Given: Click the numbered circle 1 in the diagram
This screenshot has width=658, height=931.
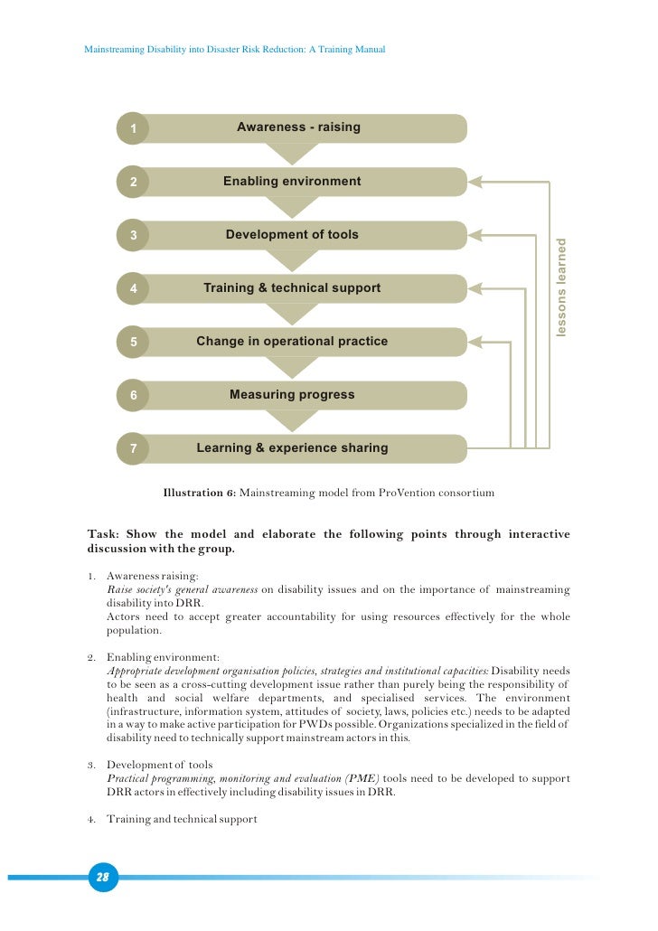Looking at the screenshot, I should click(133, 129).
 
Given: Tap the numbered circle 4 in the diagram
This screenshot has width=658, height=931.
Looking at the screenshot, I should click(133, 289).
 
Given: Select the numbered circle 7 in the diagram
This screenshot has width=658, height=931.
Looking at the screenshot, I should click(133, 448).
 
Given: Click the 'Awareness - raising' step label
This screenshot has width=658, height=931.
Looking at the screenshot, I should click(298, 127).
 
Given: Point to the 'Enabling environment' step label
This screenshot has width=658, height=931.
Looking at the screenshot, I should click(292, 182).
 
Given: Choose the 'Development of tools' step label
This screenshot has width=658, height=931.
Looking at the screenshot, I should click(292, 235).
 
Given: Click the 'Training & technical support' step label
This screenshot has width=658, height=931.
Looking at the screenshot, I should click(292, 288).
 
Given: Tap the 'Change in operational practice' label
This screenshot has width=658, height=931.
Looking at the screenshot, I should click(292, 342).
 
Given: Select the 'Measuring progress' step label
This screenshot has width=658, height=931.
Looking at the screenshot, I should click(292, 395).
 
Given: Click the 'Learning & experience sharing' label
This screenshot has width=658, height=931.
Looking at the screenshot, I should click(292, 448).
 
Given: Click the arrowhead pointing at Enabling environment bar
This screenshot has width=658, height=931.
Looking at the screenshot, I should click(476, 182).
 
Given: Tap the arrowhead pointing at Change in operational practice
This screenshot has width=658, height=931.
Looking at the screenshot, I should click(476, 342).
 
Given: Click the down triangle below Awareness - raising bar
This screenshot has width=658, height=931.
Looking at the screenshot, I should click(292, 154).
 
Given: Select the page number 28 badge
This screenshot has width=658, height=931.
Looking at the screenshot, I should click(103, 877).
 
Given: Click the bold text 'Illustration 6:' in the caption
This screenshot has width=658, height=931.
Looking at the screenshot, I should click(199, 494).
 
